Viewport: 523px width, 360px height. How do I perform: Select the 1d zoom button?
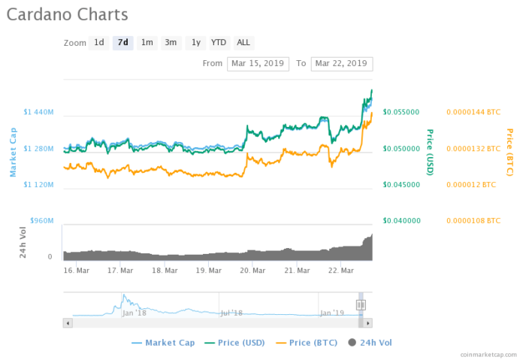click(98, 43)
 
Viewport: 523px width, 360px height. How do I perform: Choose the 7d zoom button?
click(122, 43)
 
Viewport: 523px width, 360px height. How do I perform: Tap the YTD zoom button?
click(219, 43)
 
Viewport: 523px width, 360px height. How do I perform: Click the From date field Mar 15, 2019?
click(258, 63)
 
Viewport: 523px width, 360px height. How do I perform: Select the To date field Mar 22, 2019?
click(342, 63)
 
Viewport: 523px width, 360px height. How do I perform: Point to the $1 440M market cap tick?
click(39, 112)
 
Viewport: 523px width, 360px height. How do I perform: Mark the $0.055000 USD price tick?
click(401, 112)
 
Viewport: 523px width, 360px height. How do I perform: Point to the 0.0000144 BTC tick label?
click(473, 112)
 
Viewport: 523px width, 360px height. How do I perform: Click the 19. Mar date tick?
click(210, 270)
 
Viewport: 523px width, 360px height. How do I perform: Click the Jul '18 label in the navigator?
click(231, 312)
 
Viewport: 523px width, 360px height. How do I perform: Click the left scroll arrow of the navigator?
click(68, 322)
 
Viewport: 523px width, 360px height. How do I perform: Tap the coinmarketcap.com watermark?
click(488, 353)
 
